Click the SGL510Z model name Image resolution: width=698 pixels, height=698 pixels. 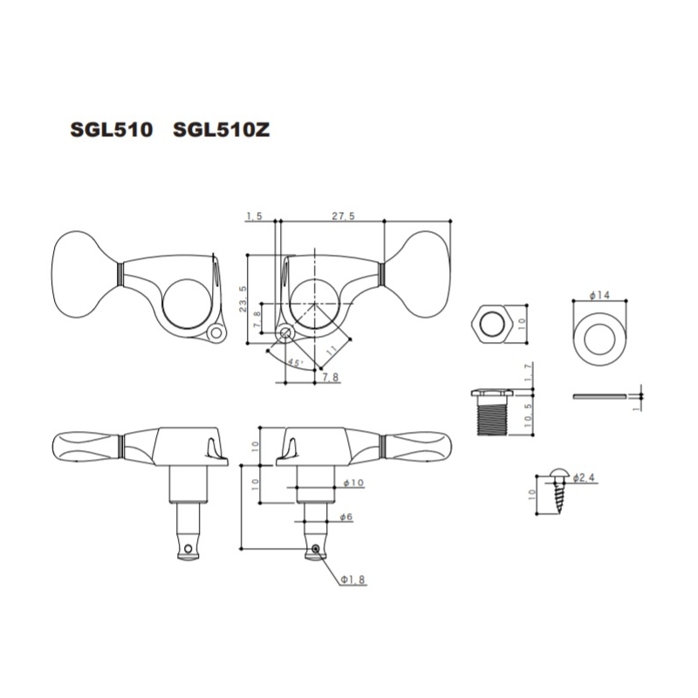coord(222,129)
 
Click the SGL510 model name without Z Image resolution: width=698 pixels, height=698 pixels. coord(112,129)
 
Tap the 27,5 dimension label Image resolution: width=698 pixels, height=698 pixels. coord(343,216)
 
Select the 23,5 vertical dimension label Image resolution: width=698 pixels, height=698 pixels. coord(243,298)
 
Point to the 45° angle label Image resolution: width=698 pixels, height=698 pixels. coord(295,362)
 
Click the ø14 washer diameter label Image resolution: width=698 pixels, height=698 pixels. coord(599,295)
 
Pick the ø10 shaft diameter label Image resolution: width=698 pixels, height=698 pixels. coord(353,482)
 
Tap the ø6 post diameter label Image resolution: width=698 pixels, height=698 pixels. coord(346,517)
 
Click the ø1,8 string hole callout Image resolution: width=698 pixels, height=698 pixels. coord(353,579)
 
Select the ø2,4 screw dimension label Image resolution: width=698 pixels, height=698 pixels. coord(584,478)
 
